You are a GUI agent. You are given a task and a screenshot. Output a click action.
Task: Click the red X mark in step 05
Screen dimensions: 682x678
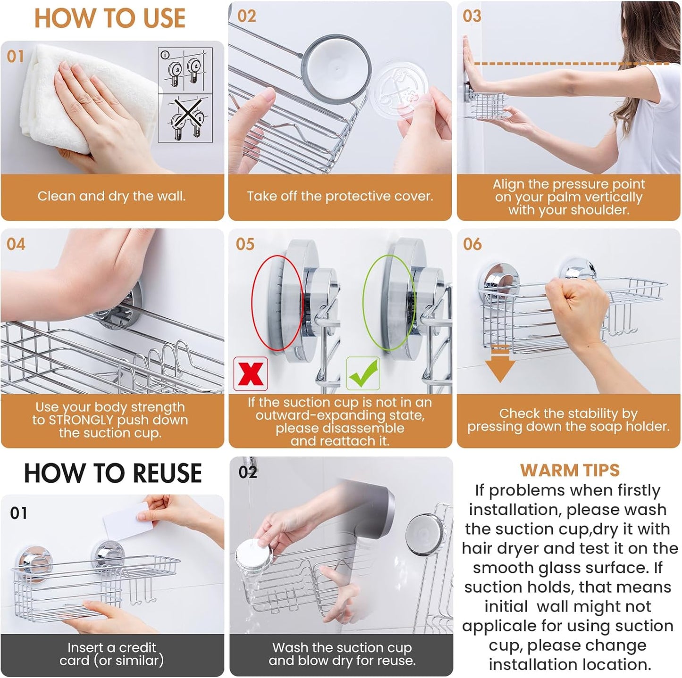coord(250,374)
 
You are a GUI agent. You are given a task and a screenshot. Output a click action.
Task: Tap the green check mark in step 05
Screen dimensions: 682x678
coord(363,373)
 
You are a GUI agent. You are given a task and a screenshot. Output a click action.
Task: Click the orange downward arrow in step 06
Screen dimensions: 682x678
coord(500,364)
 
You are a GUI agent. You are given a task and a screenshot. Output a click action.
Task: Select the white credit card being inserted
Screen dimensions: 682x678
coord(128,521)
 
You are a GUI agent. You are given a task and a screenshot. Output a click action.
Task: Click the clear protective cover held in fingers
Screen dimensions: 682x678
coord(400,93)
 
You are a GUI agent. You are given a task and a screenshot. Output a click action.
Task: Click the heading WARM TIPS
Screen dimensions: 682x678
coord(570,470)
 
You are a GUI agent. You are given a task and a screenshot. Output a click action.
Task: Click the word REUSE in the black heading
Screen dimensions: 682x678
coord(168,473)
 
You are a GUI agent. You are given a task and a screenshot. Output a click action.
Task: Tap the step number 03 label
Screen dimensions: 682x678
coord(472,16)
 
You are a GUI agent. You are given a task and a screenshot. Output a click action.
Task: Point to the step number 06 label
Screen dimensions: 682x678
coord(472,244)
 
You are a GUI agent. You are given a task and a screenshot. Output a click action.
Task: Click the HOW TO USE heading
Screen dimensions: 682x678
coord(110,18)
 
